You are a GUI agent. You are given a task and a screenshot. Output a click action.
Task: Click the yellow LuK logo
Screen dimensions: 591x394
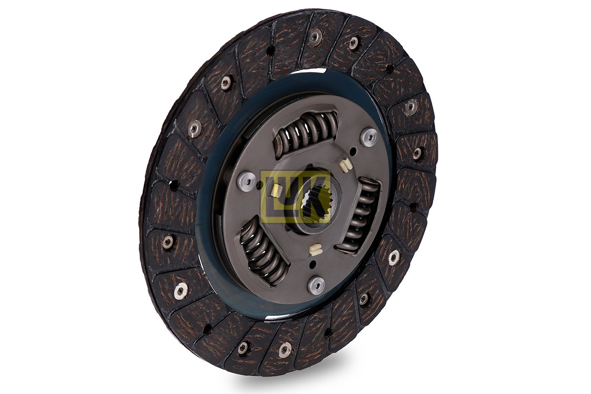tap(295, 197)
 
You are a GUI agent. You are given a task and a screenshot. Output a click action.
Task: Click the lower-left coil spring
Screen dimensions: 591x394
tap(263, 251)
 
